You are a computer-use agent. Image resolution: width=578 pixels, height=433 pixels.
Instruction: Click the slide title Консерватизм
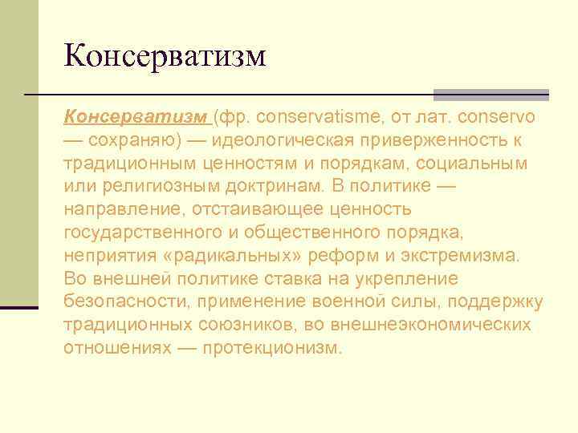164,56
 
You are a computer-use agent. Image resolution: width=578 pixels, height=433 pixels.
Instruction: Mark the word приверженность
433,140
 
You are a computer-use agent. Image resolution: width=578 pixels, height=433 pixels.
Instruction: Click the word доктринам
271,187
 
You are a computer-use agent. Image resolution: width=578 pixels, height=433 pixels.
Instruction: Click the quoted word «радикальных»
229,256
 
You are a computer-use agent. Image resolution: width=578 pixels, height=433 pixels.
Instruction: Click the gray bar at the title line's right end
490,94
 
